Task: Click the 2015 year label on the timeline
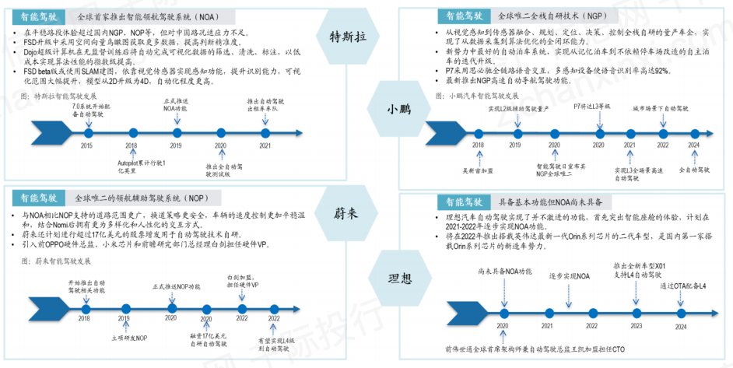point(86,145)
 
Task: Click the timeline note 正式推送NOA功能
point(176,105)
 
